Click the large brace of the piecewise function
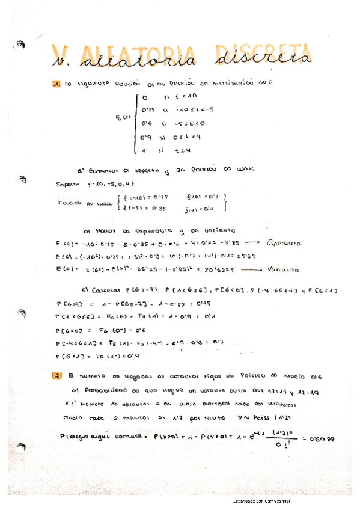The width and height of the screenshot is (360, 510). click(x=138, y=123)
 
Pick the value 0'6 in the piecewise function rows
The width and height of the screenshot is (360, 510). click(x=147, y=124)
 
